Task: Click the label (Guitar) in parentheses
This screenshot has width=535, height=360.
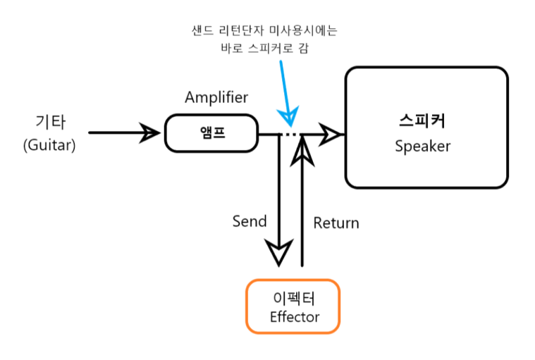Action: (x=49, y=145)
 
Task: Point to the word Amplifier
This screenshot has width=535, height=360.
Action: (x=216, y=98)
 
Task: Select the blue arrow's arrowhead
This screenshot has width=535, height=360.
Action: (x=289, y=120)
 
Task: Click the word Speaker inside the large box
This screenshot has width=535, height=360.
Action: (x=423, y=146)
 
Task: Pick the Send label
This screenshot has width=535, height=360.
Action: (x=249, y=221)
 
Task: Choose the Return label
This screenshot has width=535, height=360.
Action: (x=336, y=223)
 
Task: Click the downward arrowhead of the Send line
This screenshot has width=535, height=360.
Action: (x=279, y=254)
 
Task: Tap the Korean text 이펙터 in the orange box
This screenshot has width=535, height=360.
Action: (x=293, y=299)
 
